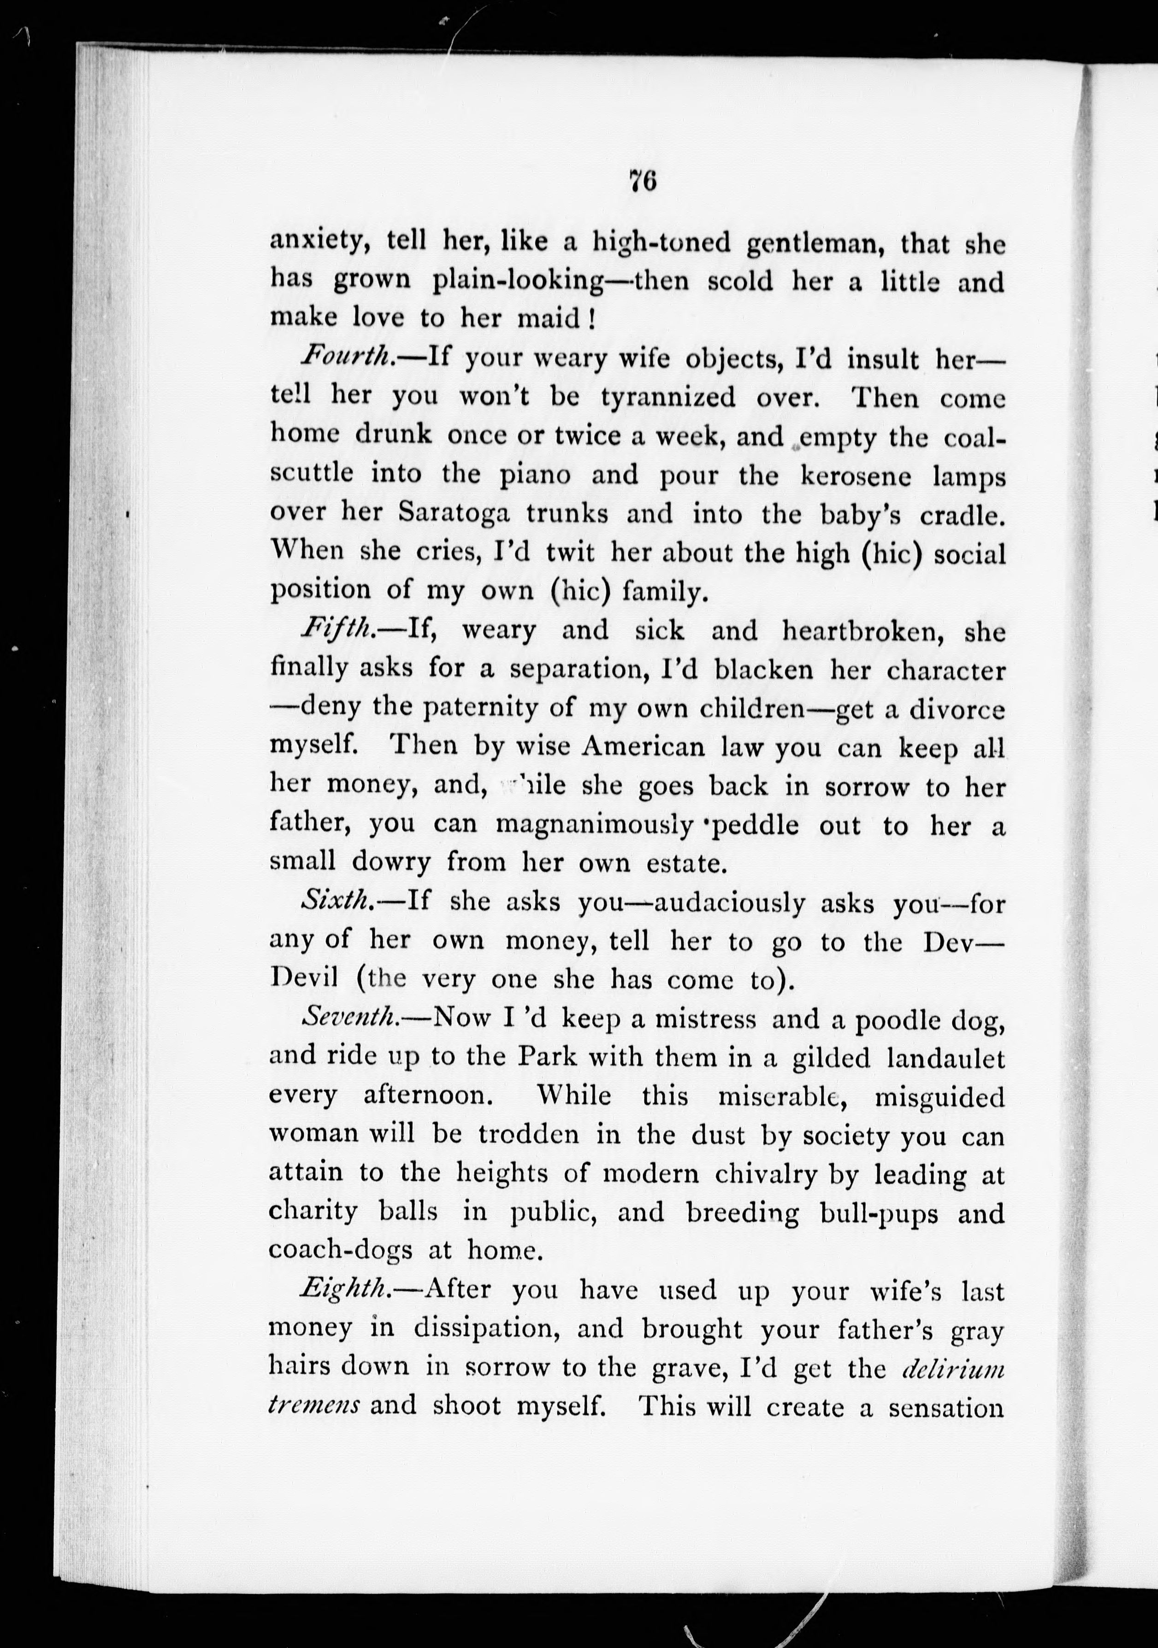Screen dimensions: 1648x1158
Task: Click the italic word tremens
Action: [314, 1405]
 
